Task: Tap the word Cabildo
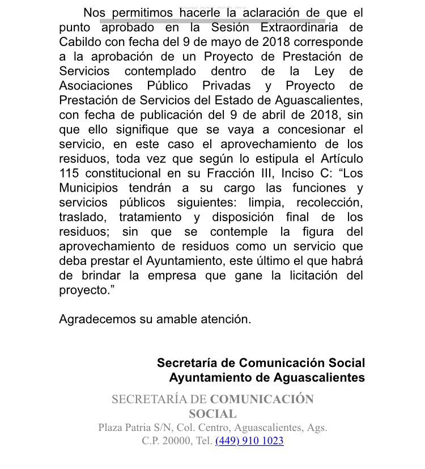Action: (x=81, y=42)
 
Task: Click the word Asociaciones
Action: (x=96, y=86)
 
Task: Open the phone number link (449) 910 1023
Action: (x=249, y=441)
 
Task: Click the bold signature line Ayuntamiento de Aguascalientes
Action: (x=266, y=377)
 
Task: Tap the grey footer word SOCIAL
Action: (x=212, y=414)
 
